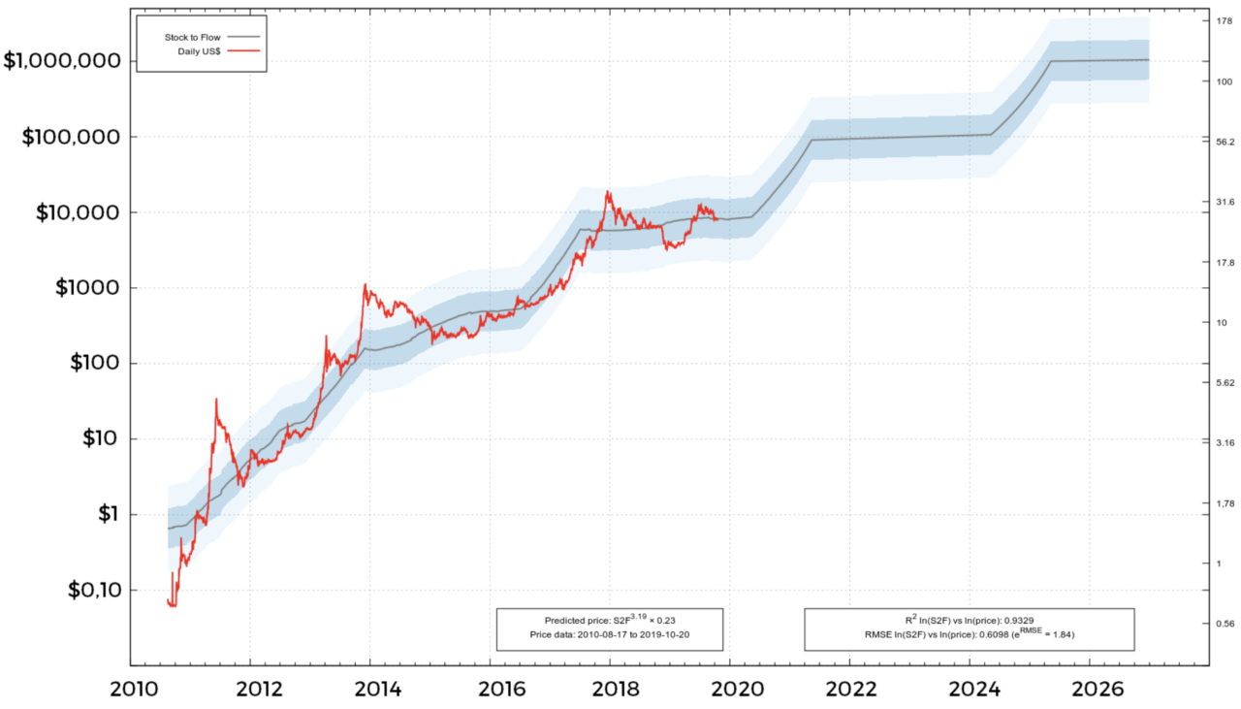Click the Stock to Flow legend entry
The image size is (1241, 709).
194,37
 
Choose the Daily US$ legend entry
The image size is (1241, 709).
200,49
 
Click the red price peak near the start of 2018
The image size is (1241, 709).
608,193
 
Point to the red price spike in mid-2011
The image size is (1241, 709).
215,400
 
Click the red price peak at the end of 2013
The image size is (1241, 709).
365,285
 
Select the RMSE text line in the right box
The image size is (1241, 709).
969,633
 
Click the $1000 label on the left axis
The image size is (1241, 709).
81,288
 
